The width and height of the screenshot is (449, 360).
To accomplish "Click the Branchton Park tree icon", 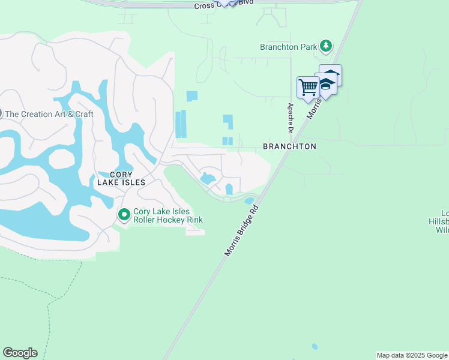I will pos(325,46).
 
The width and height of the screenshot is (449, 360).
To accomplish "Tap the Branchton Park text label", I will pos(289,46).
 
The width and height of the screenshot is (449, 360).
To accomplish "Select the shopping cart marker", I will pos(308,87).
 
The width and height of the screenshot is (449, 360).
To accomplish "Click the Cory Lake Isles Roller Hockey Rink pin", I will pos(124,214).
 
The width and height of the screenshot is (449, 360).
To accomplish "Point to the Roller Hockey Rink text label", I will pos(168,216).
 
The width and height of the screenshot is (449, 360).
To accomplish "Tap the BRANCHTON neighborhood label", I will pos(289,146).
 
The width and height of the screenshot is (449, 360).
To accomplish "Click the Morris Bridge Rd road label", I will pos(242,231).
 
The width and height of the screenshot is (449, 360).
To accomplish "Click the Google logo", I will pos(20,353).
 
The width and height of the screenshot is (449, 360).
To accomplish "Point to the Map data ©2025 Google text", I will pos(412,355).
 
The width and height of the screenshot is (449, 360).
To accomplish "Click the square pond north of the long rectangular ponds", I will pos(191,96).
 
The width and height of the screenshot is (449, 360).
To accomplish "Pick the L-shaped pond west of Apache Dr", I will pos(228,121).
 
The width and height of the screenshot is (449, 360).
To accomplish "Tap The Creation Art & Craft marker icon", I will pos(1,113).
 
